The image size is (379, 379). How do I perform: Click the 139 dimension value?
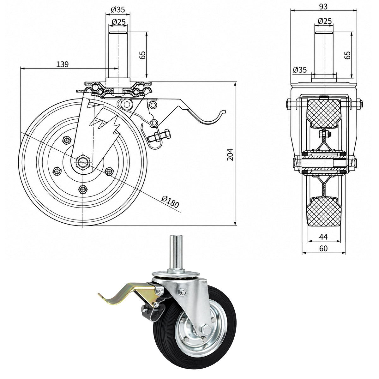click(62, 64)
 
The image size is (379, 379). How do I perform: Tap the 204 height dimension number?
click(230, 154)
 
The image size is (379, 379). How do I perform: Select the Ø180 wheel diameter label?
click(170, 202)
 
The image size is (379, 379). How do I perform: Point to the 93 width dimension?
click(323, 7)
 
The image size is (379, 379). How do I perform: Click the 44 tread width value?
click(323, 237)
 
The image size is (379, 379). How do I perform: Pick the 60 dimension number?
click(323, 249)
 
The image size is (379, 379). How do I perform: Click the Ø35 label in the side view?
click(300, 69)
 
